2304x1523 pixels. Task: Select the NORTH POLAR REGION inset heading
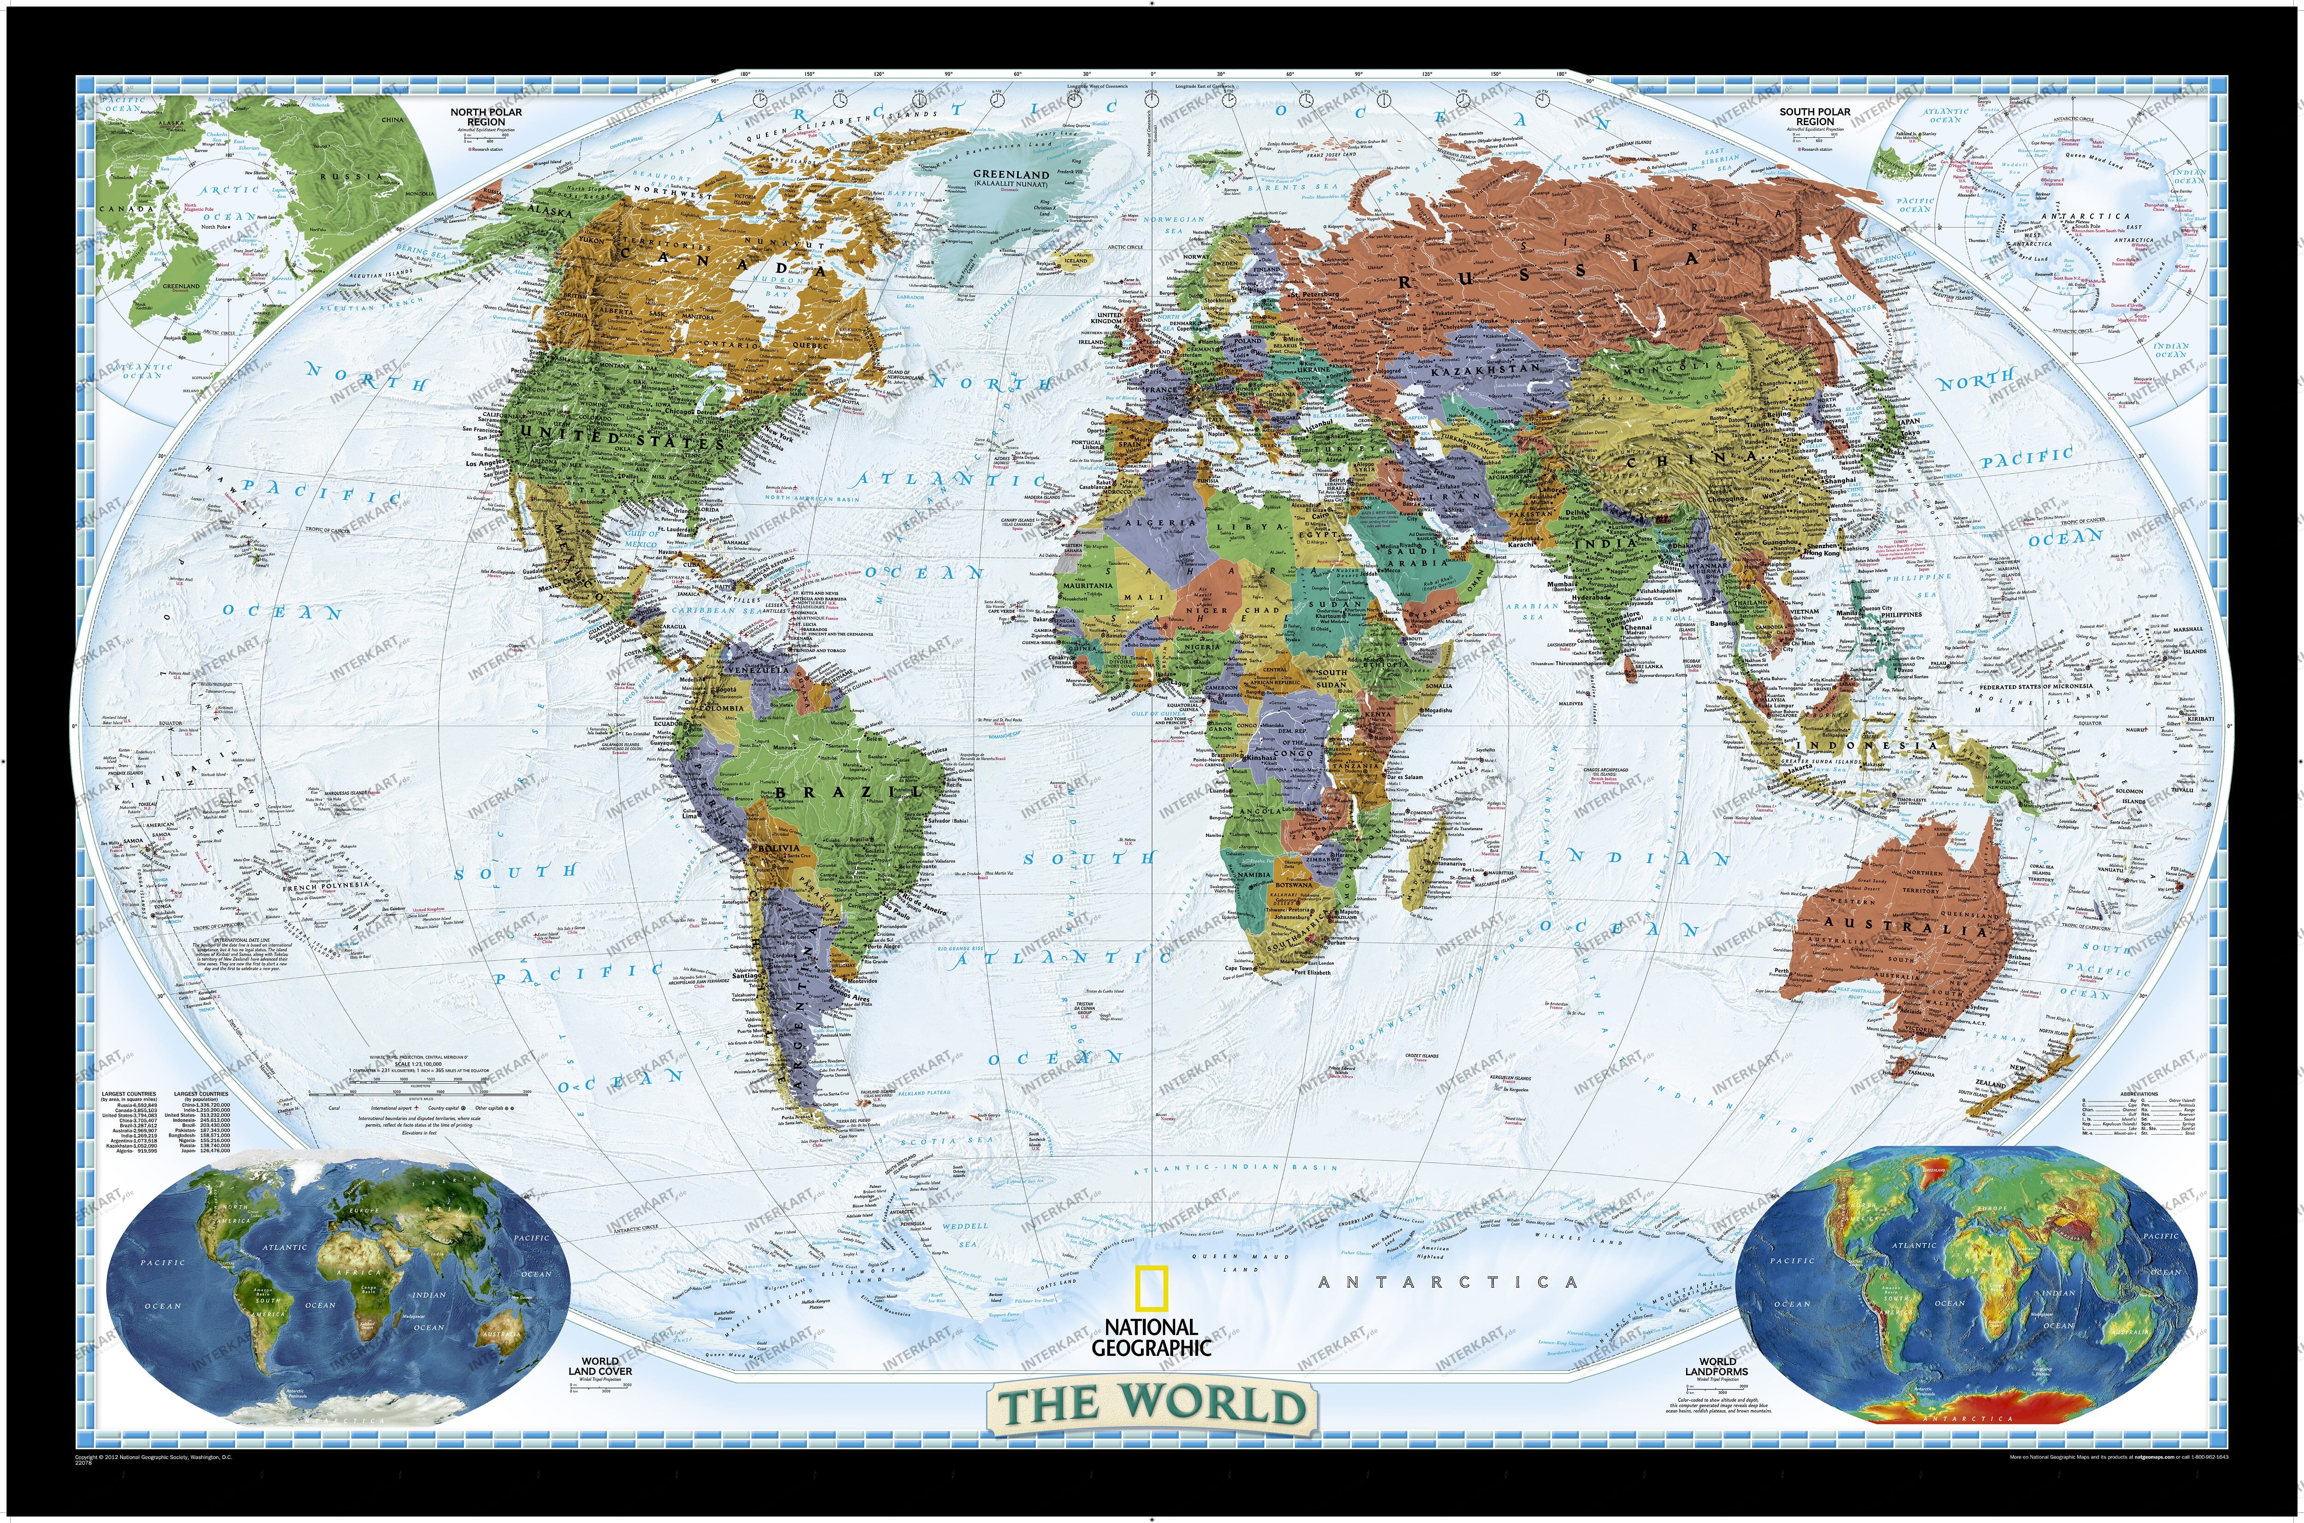point(486,117)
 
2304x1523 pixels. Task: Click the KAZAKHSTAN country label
point(1485,370)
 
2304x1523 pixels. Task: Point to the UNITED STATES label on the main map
point(622,439)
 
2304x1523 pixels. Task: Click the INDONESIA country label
point(1851,745)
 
